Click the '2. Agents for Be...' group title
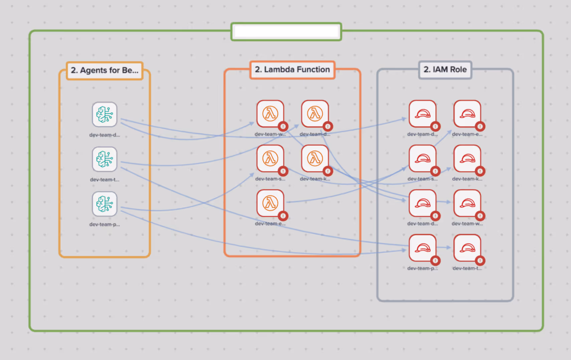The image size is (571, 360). [x=105, y=70]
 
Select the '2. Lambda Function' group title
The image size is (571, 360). [x=292, y=69]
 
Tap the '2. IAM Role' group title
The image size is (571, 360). [x=445, y=69]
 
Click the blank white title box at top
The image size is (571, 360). [x=286, y=32]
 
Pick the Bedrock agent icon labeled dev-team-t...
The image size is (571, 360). [x=105, y=159]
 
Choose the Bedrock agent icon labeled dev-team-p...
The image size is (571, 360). [x=105, y=204]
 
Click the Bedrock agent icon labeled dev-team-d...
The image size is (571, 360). [x=105, y=114]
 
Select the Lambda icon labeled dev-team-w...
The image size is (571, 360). [x=270, y=114]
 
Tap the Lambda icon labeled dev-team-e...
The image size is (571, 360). [x=270, y=203]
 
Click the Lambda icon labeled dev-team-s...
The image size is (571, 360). [x=270, y=158]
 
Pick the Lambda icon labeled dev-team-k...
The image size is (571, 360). [x=315, y=158]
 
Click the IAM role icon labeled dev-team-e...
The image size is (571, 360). [x=467, y=114]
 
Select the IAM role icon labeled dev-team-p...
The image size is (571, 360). [x=422, y=248]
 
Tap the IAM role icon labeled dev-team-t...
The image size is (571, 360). [x=467, y=248]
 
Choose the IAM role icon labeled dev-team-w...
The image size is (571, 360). [x=467, y=203]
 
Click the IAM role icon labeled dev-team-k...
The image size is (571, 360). [x=467, y=158]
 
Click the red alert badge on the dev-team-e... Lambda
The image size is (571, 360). [x=283, y=216]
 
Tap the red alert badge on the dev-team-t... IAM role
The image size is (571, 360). [x=480, y=260]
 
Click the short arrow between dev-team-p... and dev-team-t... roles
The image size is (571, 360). [x=444, y=247]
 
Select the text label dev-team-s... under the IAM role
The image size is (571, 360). [x=422, y=179]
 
